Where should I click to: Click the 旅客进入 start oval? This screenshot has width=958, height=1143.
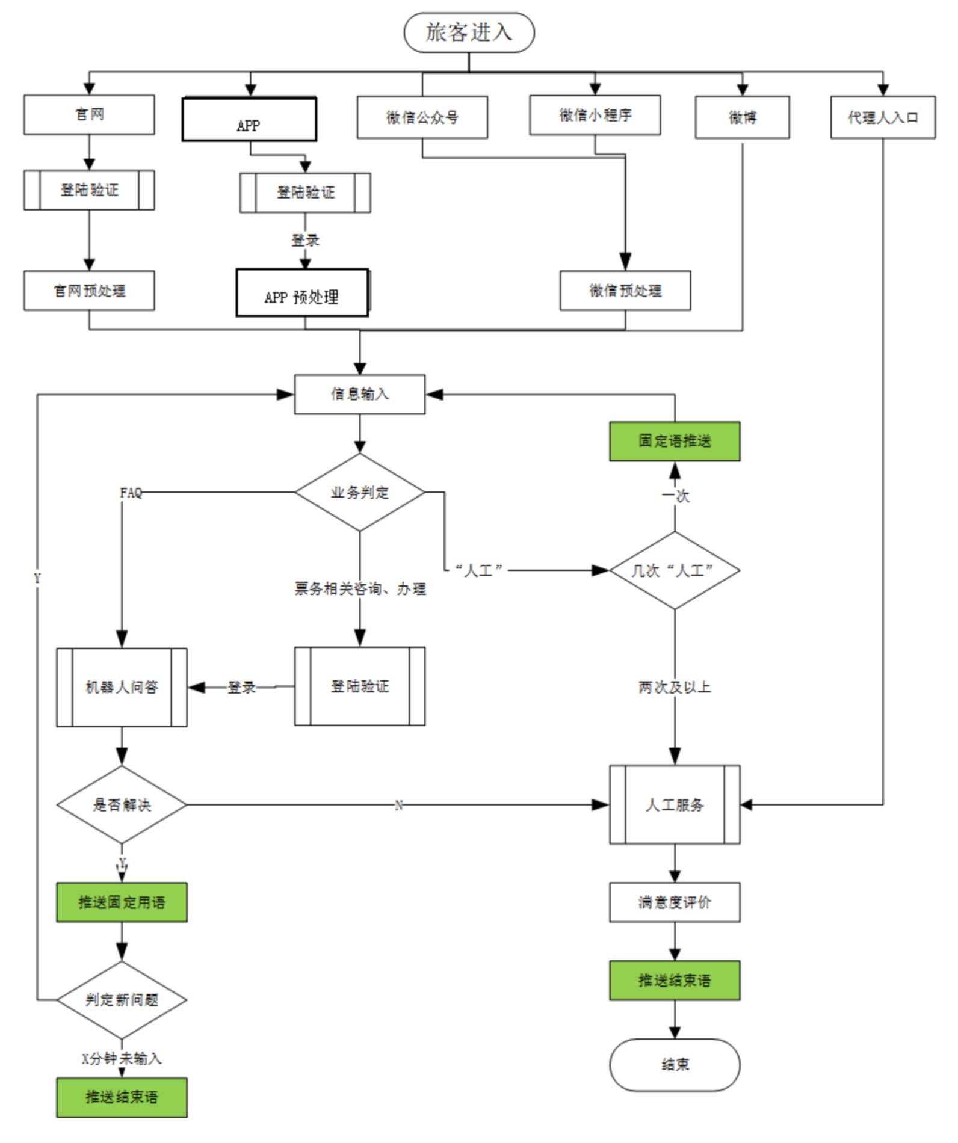[x=469, y=32]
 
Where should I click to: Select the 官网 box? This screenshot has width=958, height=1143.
[x=89, y=114]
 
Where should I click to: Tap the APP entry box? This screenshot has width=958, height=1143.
[x=249, y=120]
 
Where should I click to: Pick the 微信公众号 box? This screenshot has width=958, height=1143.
[x=422, y=117]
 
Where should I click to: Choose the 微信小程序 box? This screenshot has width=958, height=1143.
[x=595, y=115]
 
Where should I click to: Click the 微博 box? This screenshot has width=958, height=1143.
[x=742, y=117]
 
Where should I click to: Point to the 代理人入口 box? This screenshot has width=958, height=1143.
[x=883, y=117]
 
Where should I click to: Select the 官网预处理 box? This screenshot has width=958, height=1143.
[x=89, y=291]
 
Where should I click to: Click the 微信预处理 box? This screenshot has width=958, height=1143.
[x=625, y=291]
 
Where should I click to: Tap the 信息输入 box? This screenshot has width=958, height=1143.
[x=360, y=394]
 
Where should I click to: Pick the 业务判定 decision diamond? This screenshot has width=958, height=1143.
[x=360, y=492]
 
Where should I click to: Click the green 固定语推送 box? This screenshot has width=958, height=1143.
[x=675, y=441]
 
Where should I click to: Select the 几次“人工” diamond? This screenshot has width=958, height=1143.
[x=675, y=570]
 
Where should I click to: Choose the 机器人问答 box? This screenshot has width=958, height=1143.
[x=122, y=687]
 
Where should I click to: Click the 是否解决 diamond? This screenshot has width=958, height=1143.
[x=122, y=804]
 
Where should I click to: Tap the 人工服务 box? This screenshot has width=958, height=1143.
[x=675, y=804]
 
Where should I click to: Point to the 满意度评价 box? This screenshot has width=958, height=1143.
[x=675, y=902]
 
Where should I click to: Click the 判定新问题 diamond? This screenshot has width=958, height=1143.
[x=122, y=999]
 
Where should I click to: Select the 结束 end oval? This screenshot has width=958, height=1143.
[x=675, y=1064]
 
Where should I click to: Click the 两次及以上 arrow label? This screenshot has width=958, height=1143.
[x=675, y=687]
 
